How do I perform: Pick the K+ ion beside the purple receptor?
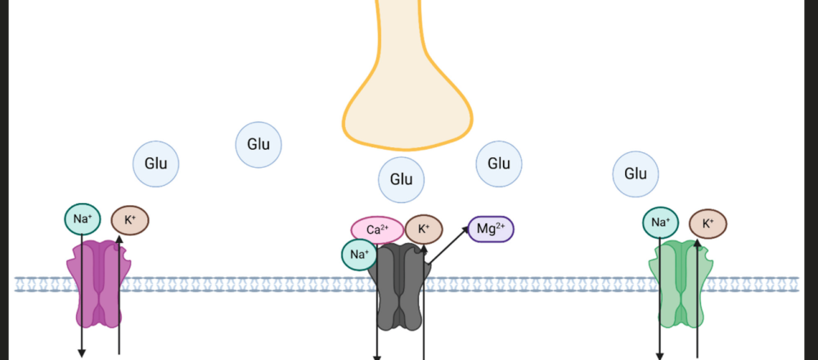tap(130, 220)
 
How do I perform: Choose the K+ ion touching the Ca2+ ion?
tap(424, 229)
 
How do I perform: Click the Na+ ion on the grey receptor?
tap(359, 254)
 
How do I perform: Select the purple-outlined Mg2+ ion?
tap(491, 229)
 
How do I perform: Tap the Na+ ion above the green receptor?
tap(661, 221)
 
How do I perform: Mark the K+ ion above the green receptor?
tap(708, 223)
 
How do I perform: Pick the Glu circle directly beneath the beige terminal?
tap(401, 179)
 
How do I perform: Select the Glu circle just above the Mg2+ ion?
tap(499, 164)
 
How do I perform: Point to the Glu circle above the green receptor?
tap(636, 173)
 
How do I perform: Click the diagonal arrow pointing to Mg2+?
tap(448, 245)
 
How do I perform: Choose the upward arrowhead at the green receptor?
tap(697, 244)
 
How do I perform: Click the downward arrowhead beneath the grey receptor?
tap(378, 355)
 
